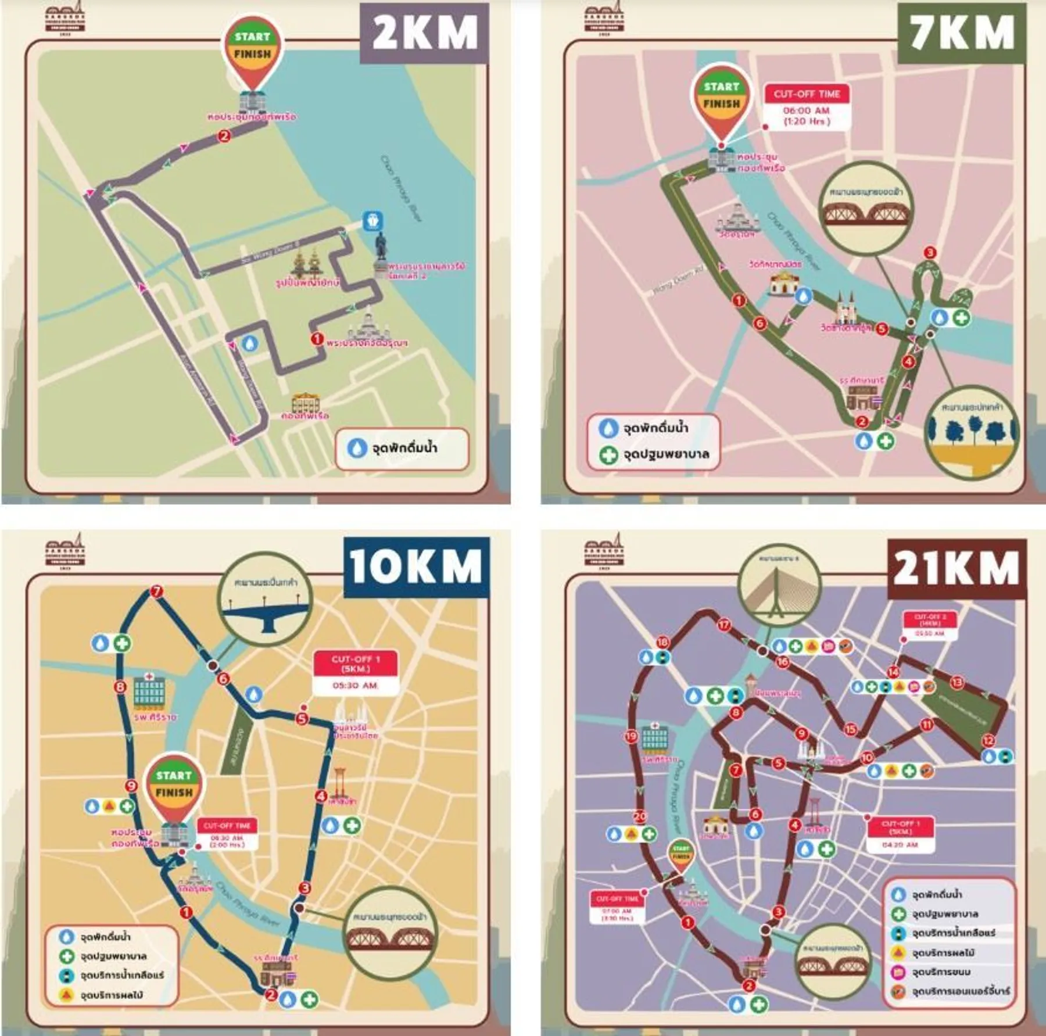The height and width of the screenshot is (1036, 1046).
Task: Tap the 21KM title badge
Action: pyautogui.click(x=957, y=567)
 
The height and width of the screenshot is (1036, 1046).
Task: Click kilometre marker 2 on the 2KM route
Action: pyautogui.click(x=224, y=136)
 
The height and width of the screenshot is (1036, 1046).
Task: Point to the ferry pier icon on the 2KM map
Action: pyautogui.click(x=372, y=221)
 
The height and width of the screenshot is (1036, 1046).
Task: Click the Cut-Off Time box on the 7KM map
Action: pyautogui.click(x=807, y=108)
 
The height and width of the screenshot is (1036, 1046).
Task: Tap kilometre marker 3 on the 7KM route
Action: pyautogui.click(x=930, y=253)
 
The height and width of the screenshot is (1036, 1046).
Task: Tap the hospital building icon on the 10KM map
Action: pyautogui.click(x=149, y=691)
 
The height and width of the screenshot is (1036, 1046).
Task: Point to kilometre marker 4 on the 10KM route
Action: pyautogui.click(x=321, y=796)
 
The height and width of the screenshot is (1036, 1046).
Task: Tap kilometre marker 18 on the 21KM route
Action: pyautogui.click(x=662, y=642)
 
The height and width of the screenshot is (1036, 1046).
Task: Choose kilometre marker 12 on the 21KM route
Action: pyautogui.click(x=988, y=740)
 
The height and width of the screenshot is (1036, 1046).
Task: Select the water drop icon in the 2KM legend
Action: pyautogui.click(x=356, y=447)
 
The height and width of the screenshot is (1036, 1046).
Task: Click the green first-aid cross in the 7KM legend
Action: pyautogui.click(x=608, y=454)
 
